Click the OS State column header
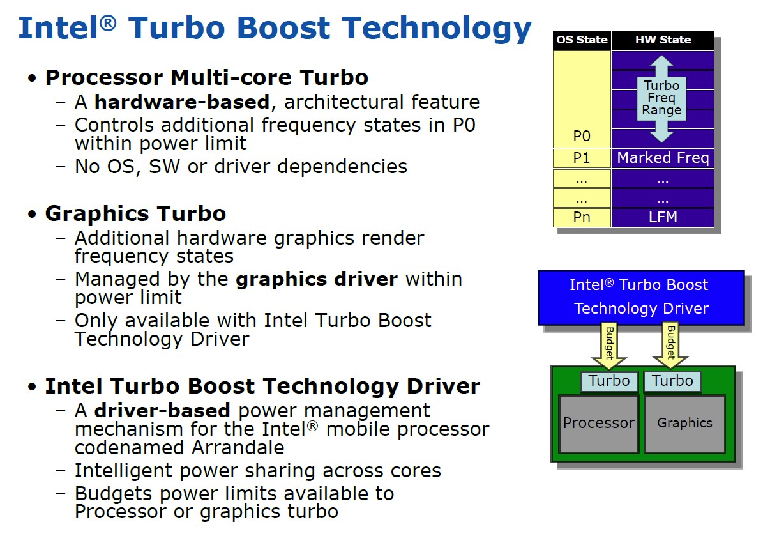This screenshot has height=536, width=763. click(582, 40)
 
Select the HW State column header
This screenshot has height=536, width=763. click(663, 40)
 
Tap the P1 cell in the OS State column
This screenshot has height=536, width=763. click(582, 158)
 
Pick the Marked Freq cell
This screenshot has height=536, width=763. click(663, 158)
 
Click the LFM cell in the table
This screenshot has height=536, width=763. click(663, 217)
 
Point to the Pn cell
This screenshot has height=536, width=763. click(582, 217)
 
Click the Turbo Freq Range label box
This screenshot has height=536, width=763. click(661, 98)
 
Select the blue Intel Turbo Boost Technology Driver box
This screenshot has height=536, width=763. click(641, 298)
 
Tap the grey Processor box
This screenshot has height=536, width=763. click(599, 424)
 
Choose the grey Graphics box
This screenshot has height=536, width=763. click(684, 424)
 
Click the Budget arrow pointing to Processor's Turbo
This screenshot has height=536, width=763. click(608, 346)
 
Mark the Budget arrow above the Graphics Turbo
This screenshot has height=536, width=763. click(670, 346)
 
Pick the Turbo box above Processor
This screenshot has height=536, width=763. click(609, 381)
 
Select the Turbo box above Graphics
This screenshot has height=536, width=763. click(672, 381)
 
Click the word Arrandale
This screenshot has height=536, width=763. click(238, 448)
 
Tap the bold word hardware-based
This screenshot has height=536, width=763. click(182, 102)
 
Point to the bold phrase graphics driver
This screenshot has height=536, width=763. click(316, 279)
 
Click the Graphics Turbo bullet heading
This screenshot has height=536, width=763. click(136, 214)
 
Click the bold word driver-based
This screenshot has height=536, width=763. click(162, 411)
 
